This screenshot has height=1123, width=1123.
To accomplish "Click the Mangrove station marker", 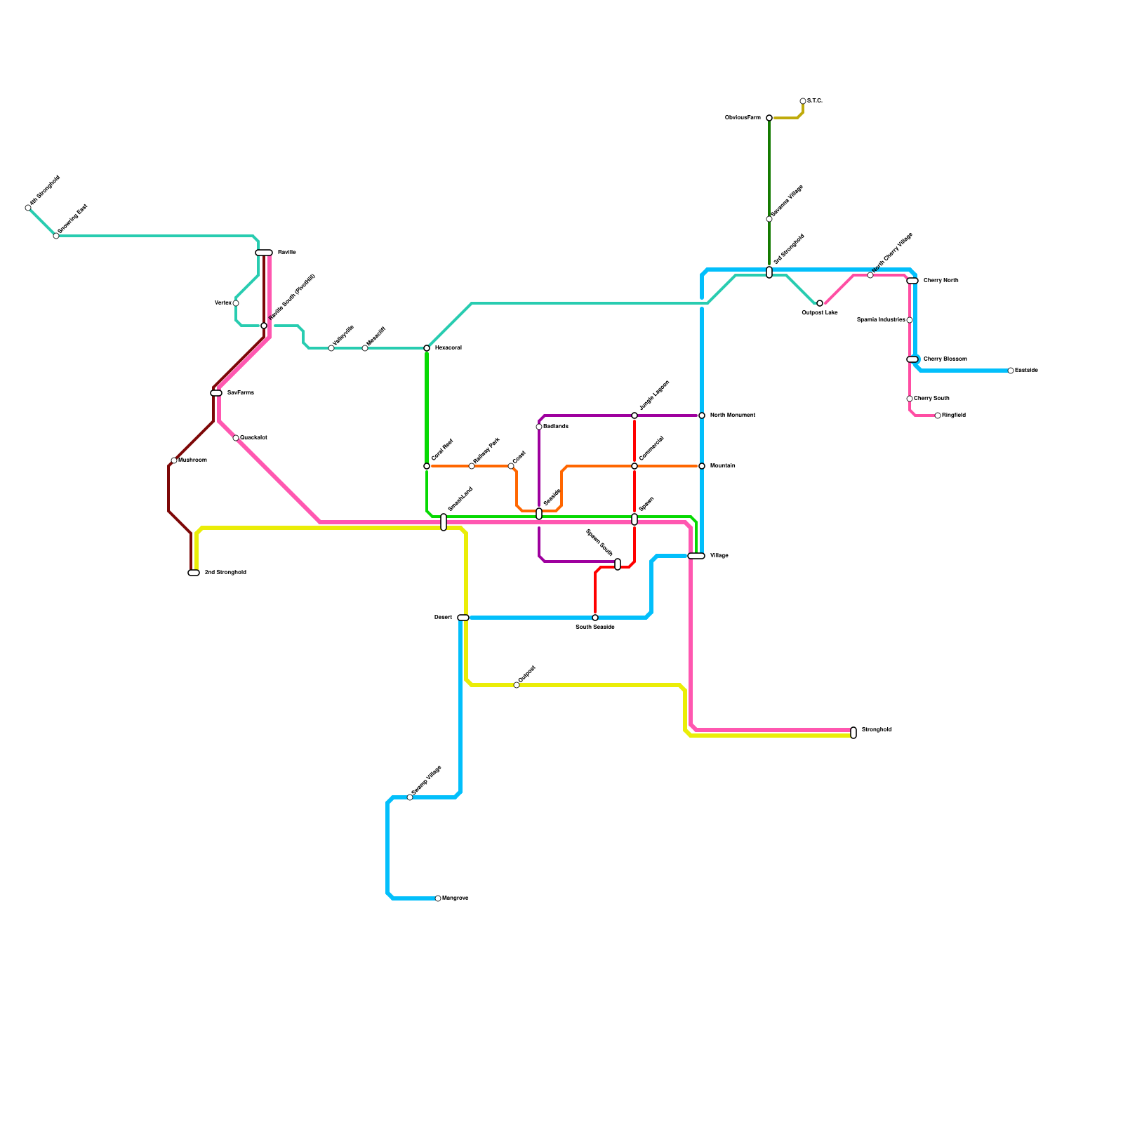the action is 438,898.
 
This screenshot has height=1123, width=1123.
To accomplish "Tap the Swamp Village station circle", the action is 410,797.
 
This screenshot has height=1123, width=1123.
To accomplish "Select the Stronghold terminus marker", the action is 853,733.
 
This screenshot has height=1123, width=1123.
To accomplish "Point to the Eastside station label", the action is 1026,371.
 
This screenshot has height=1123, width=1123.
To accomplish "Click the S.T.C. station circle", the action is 803,101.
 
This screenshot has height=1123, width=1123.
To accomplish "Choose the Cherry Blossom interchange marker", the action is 912,359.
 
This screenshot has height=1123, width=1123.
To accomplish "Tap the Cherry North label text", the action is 941,281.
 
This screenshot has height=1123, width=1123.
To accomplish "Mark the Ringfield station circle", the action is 938,416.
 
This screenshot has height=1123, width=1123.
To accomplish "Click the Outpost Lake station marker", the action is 820,303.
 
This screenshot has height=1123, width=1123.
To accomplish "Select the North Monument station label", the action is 732,416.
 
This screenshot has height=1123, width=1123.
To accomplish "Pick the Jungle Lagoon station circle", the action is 634,416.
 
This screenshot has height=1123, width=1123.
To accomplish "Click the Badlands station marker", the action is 539,427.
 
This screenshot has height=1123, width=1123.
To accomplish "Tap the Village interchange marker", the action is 696,556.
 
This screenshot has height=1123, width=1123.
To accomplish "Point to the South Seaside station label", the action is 595,627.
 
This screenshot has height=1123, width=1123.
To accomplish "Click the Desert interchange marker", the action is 463,618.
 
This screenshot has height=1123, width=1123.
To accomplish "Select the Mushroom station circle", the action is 174,460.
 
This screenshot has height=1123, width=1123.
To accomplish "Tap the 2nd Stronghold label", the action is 225,573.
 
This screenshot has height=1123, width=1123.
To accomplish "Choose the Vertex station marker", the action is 236,303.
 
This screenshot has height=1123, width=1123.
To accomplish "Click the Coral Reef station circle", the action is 427,466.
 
